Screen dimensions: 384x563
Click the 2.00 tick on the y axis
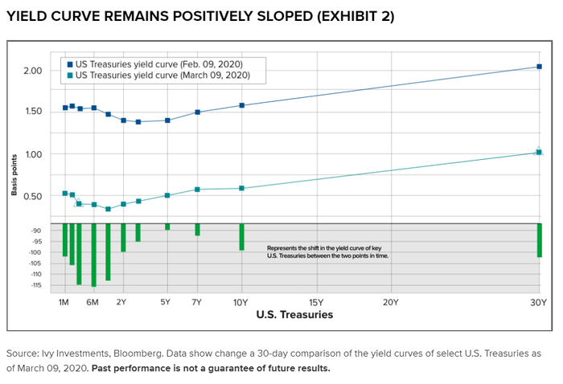[x=33, y=71]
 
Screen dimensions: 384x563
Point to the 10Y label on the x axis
[x=241, y=302]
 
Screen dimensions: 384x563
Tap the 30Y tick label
[x=538, y=302]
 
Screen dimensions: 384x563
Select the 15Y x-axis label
[x=316, y=302]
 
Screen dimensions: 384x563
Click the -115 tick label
[x=35, y=285]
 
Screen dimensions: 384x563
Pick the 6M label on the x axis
[x=93, y=302]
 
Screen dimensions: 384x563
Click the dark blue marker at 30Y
[x=539, y=67]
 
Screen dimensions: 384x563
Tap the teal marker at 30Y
[x=539, y=152]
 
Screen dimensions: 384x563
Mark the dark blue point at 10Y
[x=241, y=105]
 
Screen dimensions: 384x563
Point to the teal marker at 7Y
[x=197, y=190]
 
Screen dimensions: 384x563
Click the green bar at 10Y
[x=241, y=237]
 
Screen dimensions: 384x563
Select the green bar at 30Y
[x=539, y=240]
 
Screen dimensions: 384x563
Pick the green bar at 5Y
[x=167, y=227]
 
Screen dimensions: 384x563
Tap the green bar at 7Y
[x=197, y=230]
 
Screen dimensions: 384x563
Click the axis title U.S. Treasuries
[x=294, y=316]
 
